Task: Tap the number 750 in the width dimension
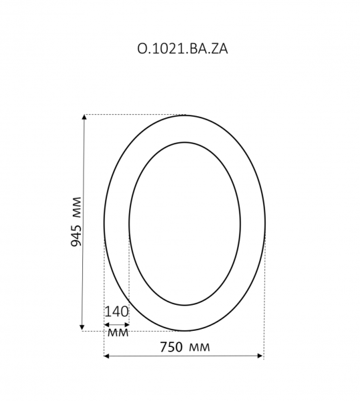[172, 347]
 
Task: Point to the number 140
[116, 311]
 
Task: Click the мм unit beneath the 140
[117, 331]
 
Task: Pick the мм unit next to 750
[199, 347]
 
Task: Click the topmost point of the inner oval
[184, 142]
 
